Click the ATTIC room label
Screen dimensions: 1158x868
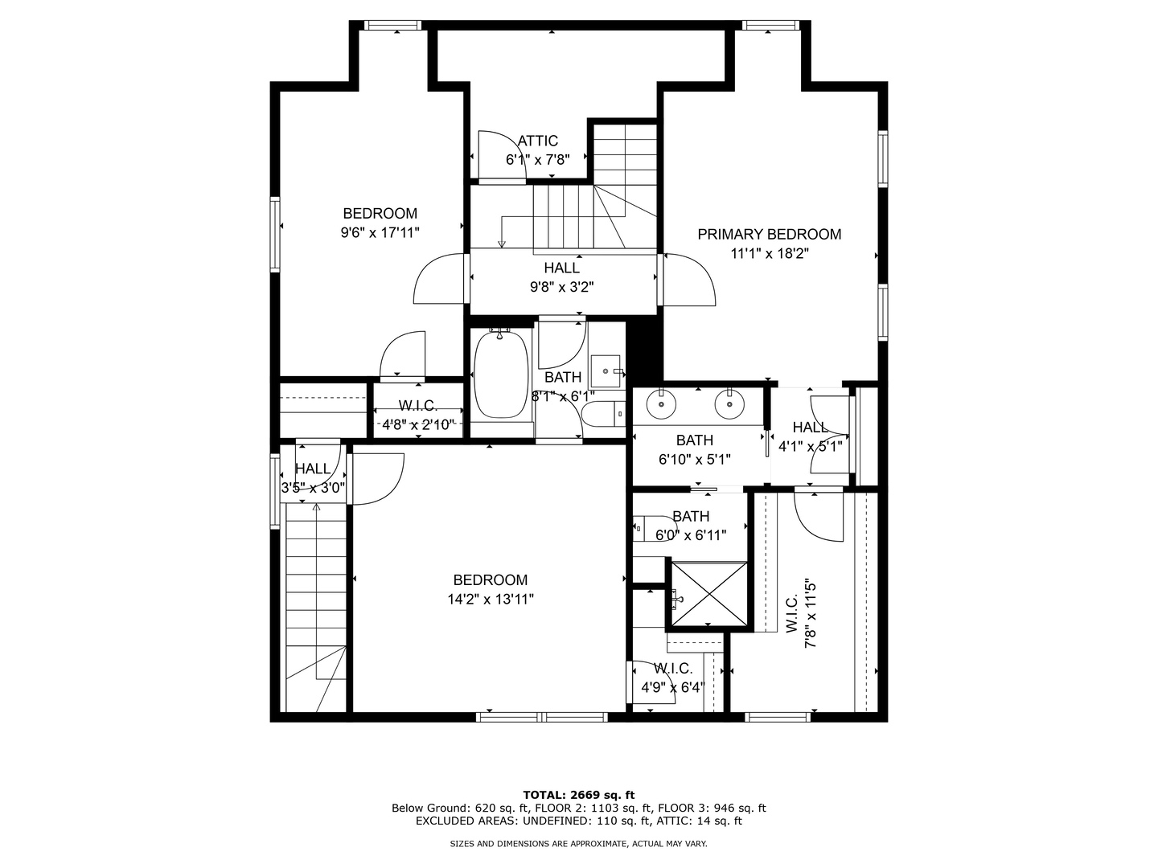coord(538,141)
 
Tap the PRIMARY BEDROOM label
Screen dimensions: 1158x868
coord(770,235)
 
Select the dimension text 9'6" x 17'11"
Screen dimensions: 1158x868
coord(380,232)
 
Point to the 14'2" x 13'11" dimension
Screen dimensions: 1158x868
coord(491,600)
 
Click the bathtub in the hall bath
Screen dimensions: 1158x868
coord(501,374)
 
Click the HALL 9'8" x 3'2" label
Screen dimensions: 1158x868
coord(562,277)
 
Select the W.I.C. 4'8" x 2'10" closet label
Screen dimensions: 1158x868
coord(418,415)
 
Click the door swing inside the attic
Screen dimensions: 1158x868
coord(503,155)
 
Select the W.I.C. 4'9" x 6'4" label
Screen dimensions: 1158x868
coord(672,678)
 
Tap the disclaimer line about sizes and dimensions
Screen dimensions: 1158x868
coord(578,844)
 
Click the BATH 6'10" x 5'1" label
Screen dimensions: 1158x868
coord(694,449)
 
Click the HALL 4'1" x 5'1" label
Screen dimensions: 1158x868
coord(811,436)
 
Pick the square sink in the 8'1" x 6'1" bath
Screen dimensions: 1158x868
coord(605,371)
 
